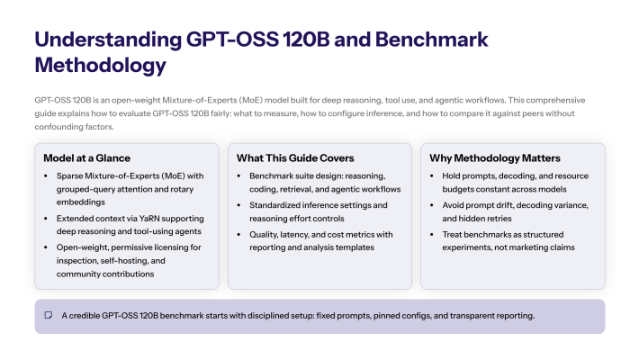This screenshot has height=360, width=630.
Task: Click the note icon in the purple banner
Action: pyautogui.click(x=49, y=316)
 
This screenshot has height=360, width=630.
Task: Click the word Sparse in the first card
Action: pyautogui.click(x=71, y=176)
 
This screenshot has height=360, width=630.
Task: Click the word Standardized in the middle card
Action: pyautogui.click(x=279, y=205)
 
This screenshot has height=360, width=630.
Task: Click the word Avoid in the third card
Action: pyautogui.click(x=454, y=205)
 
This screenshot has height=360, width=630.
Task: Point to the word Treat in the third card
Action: pyautogui.click(x=454, y=234)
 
